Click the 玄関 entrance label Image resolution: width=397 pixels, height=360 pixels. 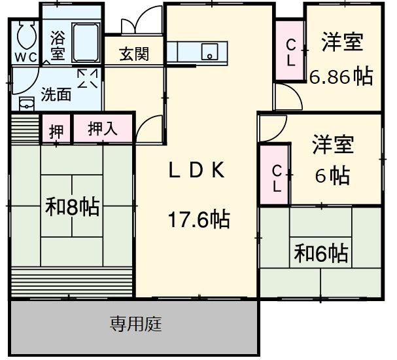pos(133,54)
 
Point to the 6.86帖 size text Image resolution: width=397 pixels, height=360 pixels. pos(341,77)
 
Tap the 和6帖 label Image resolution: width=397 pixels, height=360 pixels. pos(321,251)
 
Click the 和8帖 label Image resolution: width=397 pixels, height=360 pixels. pos(72,207)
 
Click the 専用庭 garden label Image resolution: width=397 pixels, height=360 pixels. pos(135,323)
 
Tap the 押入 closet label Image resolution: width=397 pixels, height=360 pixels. pos(103,128)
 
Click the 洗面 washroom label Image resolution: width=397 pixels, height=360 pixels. pos(56,94)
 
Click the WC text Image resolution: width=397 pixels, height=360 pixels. pos(26,56)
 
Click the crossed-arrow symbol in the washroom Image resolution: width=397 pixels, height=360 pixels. pos(88,79)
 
